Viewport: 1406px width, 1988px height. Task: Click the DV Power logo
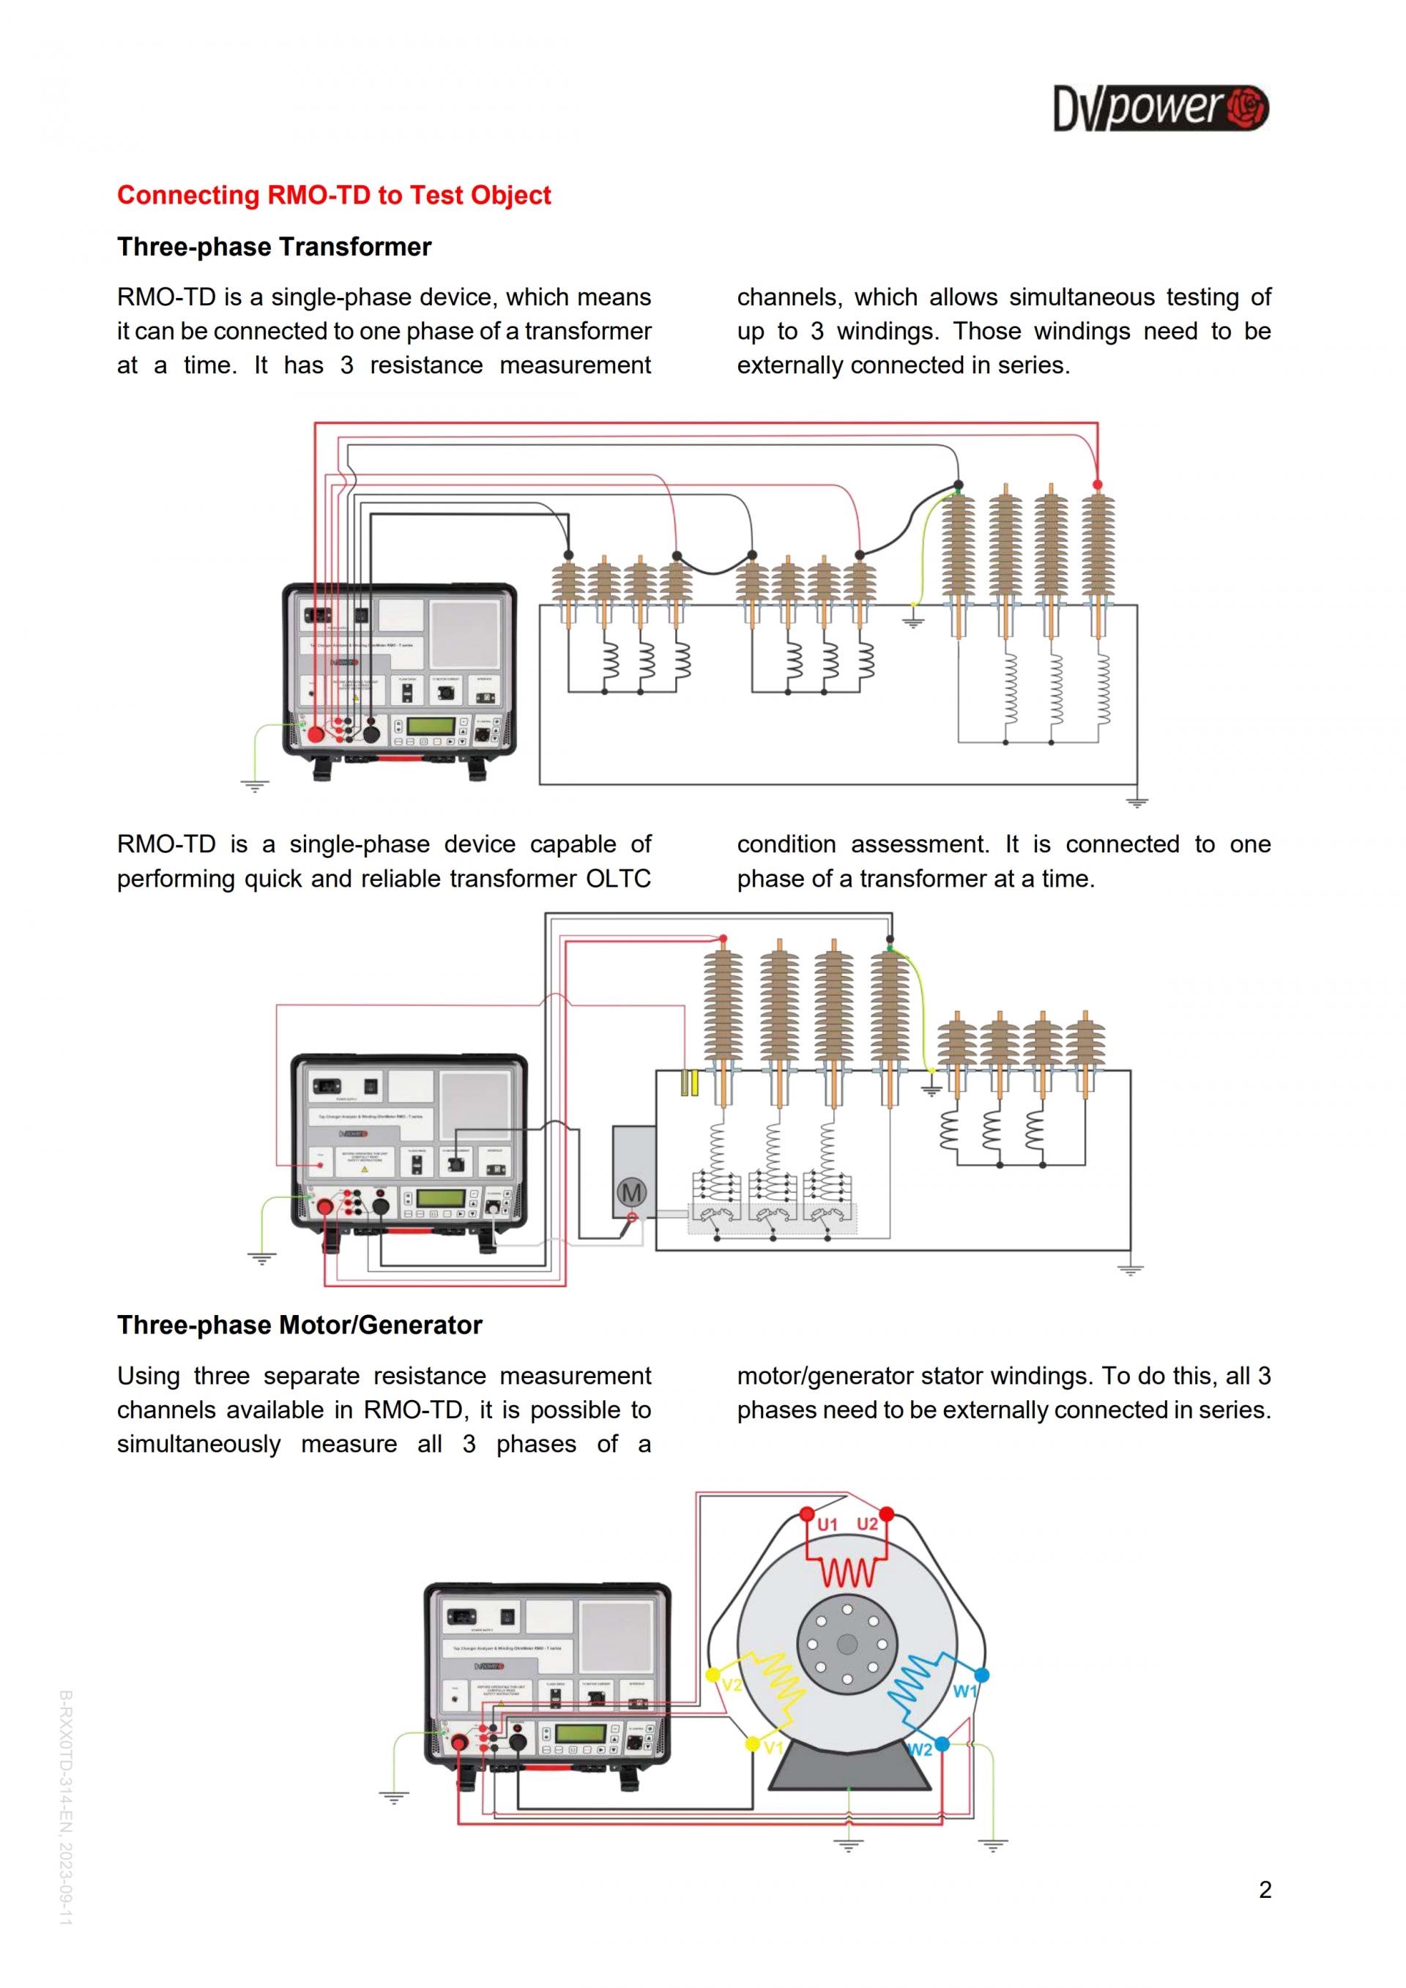pos(1160,109)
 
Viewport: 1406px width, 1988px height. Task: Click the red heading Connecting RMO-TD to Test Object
pos(333,196)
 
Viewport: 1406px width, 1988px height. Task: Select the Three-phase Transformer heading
pos(274,247)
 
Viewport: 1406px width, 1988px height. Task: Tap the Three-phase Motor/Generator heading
pos(300,1325)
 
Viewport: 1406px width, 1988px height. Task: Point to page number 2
pos(1265,1889)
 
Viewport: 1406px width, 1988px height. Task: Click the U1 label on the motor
pos(827,1524)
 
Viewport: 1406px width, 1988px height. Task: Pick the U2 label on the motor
pos(866,1524)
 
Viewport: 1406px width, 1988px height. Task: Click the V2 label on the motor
pos(732,1685)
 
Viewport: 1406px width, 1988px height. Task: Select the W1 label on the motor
pos(964,1691)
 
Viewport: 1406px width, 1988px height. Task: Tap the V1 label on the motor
pos(773,1748)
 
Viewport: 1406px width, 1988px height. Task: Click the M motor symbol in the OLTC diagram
pos(631,1192)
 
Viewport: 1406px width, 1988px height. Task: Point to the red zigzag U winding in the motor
pos(849,1571)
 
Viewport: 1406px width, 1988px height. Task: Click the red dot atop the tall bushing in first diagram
pos(1098,485)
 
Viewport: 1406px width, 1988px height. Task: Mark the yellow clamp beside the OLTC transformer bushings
pos(689,1083)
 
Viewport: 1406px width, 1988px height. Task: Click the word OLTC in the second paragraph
pos(618,879)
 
